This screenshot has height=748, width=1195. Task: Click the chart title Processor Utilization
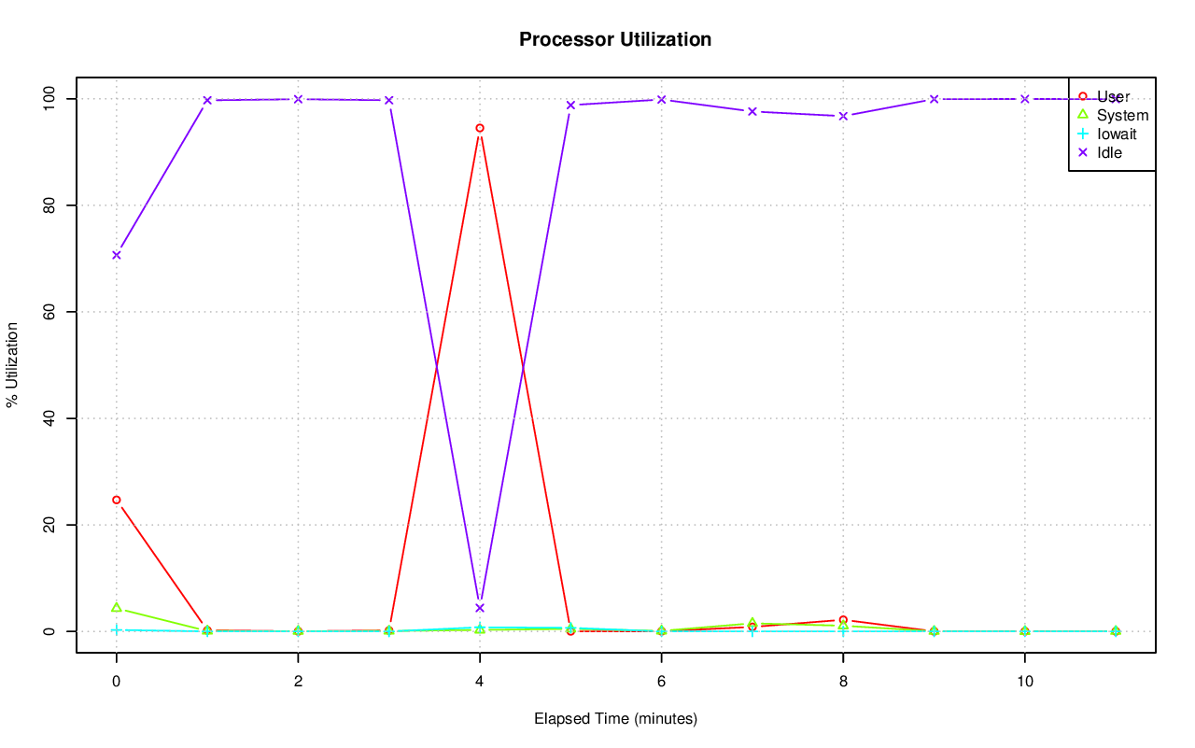pyautogui.click(x=615, y=39)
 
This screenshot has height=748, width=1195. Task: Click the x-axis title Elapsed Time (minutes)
pyautogui.click(x=615, y=719)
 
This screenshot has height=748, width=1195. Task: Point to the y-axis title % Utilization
pyautogui.click(x=13, y=365)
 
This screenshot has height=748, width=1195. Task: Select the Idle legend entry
pyautogui.click(x=1110, y=152)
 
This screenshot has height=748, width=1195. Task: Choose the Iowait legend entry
pyautogui.click(x=1117, y=134)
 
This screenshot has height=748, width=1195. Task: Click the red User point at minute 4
pyautogui.click(x=480, y=128)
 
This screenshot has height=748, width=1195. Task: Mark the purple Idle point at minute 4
pyautogui.click(x=480, y=608)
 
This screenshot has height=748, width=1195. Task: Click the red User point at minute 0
pyautogui.click(x=117, y=500)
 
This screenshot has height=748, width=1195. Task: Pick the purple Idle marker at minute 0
pyautogui.click(x=117, y=255)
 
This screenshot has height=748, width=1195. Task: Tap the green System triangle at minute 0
pyautogui.click(x=117, y=607)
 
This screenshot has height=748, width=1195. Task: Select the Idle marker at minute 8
pyautogui.click(x=843, y=116)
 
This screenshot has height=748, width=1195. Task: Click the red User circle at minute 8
pyautogui.click(x=843, y=620)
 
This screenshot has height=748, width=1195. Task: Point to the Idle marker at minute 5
pyautogui.click(x=570, y=105)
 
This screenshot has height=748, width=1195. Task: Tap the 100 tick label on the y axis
pyautogui.click(x=45, y=98)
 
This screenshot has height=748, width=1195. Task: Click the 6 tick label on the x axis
pyautogui.click(x=661, y=682)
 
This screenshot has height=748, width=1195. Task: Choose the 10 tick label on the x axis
pyautogui.click(x=1025, y=682)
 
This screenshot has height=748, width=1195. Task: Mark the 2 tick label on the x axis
pyautogui.click(x=298, y=682)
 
